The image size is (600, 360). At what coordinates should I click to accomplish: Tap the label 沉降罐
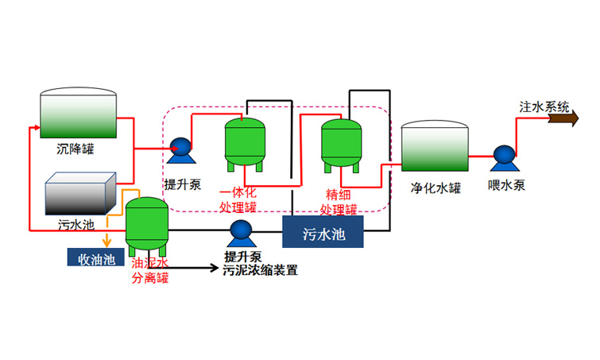(x=77, y=149)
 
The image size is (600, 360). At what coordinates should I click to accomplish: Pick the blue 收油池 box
(x=91, y=257)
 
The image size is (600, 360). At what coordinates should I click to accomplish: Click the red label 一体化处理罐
(x=238, y=201)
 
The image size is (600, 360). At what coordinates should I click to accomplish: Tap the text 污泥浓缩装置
(x=261, y=270)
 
